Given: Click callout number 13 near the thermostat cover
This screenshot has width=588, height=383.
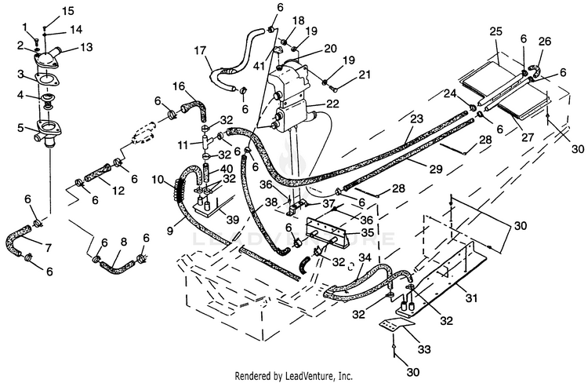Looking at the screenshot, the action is [86, 47].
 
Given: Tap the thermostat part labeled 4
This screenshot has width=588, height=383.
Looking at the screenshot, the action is [47, 99].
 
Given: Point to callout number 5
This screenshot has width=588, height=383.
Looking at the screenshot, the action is [20, 128].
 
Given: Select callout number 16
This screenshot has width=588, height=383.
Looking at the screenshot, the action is [179, 86].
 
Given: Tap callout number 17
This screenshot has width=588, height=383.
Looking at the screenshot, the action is [201, 50].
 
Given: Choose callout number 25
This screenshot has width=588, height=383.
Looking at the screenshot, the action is [495, 31].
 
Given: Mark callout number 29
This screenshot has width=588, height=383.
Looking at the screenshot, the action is [436, 169].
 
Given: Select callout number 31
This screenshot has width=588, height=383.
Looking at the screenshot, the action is [471, 298].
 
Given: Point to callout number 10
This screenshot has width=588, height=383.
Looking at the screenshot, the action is [158, 179].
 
